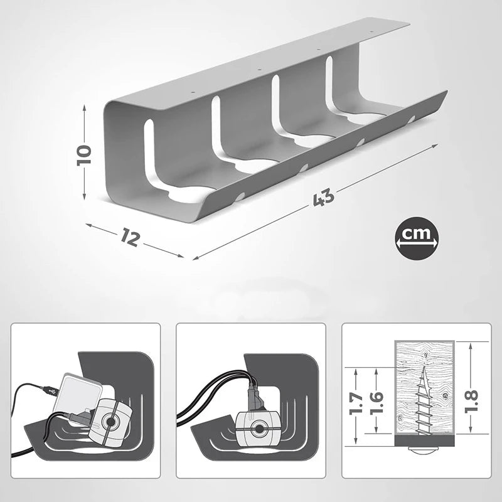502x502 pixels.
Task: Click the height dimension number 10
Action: (x=84, y=155)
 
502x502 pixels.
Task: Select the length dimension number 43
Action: (x=323, y=198)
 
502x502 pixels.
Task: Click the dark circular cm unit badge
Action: (x=417, y=239)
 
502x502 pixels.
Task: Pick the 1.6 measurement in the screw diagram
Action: (x=376, y=403)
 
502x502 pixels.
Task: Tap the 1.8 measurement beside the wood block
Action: (x=472, y=400)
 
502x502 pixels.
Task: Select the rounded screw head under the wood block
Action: (x=424, y=451)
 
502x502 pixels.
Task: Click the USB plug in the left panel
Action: (x=49, y=389)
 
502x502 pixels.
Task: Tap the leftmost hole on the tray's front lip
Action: (x=240, y=196)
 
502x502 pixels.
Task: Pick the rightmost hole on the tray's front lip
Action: (x=411, y=119)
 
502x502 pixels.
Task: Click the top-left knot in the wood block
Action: (x=425, y=355)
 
